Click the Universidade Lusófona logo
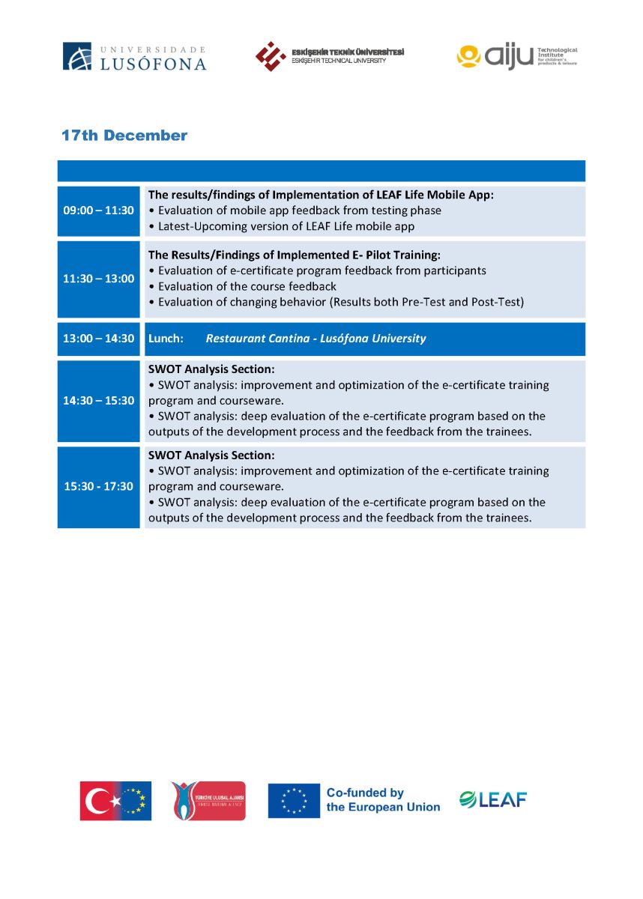point(134,57)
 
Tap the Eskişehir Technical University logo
point(330,56)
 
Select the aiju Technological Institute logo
point(517,56)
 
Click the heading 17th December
point(124,136)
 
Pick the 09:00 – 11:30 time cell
point(99,211)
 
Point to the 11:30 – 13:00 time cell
point(99,279)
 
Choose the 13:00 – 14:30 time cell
point(99,339)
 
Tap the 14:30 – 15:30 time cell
point(99,401)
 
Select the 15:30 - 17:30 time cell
point(99,486)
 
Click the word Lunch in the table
point(166,339)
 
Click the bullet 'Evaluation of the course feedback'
point(247,286)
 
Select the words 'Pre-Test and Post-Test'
point(462,302)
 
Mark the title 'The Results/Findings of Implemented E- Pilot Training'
point(294,255)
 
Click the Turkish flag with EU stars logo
point(115,801)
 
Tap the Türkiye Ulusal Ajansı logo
point(208,801)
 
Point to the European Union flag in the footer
point(294,801)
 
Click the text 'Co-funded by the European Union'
point(382,800)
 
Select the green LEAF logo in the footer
point(493,799)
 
